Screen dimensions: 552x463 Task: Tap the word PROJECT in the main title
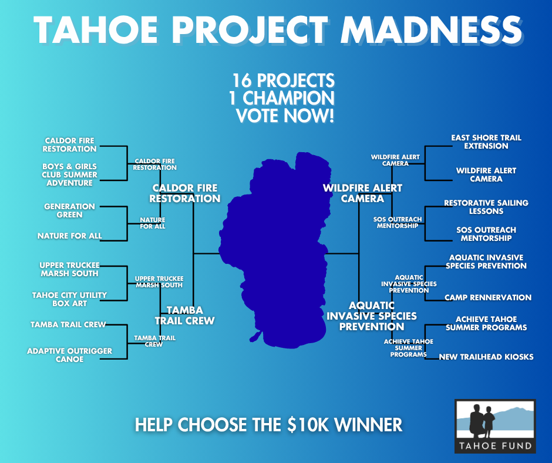(x=250, y=30)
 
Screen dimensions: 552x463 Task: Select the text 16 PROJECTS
(x=284, y=80)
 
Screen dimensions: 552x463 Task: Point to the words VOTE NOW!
(x=285, y=116)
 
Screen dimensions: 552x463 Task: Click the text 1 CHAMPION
(x=282, y=98)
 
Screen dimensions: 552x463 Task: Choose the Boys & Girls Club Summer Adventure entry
(x=70, y=175)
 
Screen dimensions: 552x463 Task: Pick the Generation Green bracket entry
(x=70, y=211)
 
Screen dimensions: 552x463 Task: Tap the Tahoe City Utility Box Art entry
(x=70, y=299)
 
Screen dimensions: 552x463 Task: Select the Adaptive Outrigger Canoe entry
(x=70, y=355)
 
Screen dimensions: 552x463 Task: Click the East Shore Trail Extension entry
(x=486, y=142)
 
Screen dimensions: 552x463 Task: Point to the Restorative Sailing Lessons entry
(x=486, y=207)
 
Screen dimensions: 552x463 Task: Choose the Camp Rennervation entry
(x=488, y=298)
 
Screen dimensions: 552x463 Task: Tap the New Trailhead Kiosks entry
(x=486, y=357)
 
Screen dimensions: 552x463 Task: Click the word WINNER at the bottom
(x=368, y=425)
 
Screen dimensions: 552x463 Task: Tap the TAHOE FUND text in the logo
(x=495, y=446)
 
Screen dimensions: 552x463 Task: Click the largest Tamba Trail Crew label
(x=185, y=316)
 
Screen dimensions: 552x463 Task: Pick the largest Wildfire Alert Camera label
(x=362, y=193)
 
